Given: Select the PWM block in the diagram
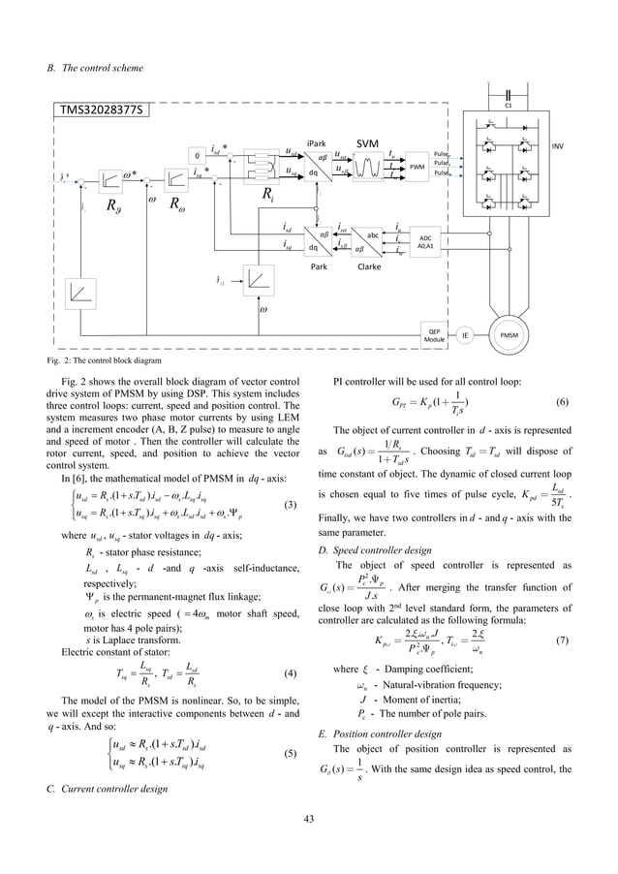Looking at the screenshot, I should click(417, 167).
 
